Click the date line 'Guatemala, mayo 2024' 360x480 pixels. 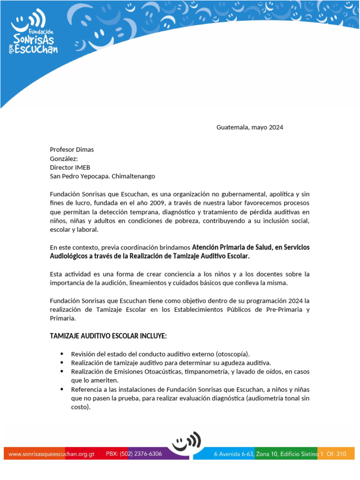tap(249, 127)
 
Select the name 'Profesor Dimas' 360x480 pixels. tap(72, 150)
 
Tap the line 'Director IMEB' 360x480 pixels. tap(70, 167)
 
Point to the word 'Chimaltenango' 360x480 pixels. tap(133, 176)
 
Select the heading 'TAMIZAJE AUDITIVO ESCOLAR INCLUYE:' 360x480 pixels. tap(108, 336)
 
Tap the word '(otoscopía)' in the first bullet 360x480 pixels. tap(233, 354)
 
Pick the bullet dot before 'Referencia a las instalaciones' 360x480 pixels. tap(62, 390)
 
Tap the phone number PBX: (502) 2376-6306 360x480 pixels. tap(134, 454)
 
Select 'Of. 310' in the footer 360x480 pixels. tap(337, 454)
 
